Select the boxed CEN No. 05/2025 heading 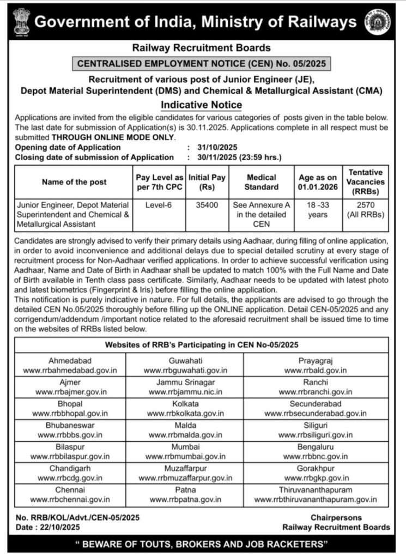pyautogui.click(x=202, y=64)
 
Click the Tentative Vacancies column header pyautogui.click(x=366, y=182)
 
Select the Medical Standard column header pyautogui.click(x=262, y=182)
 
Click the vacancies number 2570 pyautogui.click(x=366, y=205)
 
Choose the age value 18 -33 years pyautogui.click(x=317, y=210)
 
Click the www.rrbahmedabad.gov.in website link pyautogui.click(x=70, y=371)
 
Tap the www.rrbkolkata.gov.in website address pyautogui.click(x=186, y=414)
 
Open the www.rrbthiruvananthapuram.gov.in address pyautogui.click(x=316, y=499)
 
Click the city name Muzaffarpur pyautogui.click(x=186, y=469)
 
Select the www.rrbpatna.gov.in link pyautogui.click(x=186, y=499)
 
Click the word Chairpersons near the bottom pyautogui.click(x=336, y=517)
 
